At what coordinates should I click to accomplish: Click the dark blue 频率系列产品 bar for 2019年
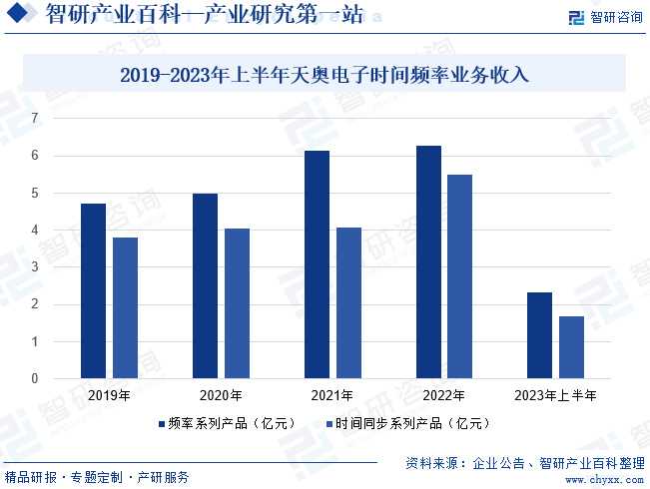click(93, 290)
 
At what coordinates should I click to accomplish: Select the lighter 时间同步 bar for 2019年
click(126, 307)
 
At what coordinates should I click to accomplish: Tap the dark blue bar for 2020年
click(205, 285)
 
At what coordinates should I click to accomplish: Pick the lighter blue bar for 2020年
click(238, 303)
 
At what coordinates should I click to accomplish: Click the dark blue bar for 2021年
click(317, 264)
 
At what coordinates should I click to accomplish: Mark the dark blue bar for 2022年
click(428, 261)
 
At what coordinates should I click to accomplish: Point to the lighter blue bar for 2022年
click(460, 276)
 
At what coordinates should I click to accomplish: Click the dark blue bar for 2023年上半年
click(539, 335)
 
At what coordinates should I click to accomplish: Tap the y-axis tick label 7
click(34, 119)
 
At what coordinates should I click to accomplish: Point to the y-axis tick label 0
click(34, 379)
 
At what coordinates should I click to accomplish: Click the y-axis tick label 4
click(34, 231)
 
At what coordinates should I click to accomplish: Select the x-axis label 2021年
click(332, 395)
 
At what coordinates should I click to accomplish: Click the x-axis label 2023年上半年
click(555, 395)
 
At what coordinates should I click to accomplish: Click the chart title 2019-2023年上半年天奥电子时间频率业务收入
click(325, 74)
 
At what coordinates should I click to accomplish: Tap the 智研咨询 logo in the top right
click(605, 17)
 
